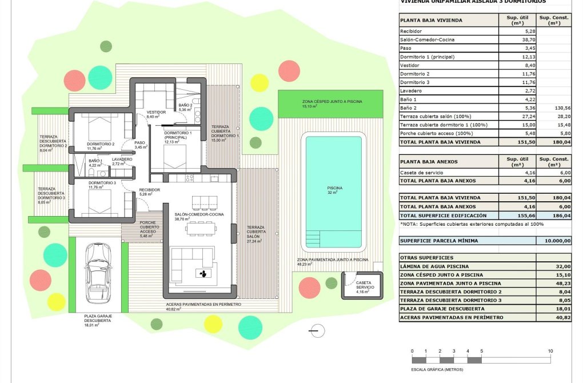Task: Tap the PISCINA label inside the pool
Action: (334, 189)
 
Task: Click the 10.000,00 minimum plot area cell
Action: (555, 241)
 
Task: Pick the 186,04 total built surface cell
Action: (555, 216)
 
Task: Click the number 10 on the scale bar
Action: (550, 350)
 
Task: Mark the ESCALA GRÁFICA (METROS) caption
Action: (437, 369)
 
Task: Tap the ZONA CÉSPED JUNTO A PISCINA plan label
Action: (332, 103)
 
